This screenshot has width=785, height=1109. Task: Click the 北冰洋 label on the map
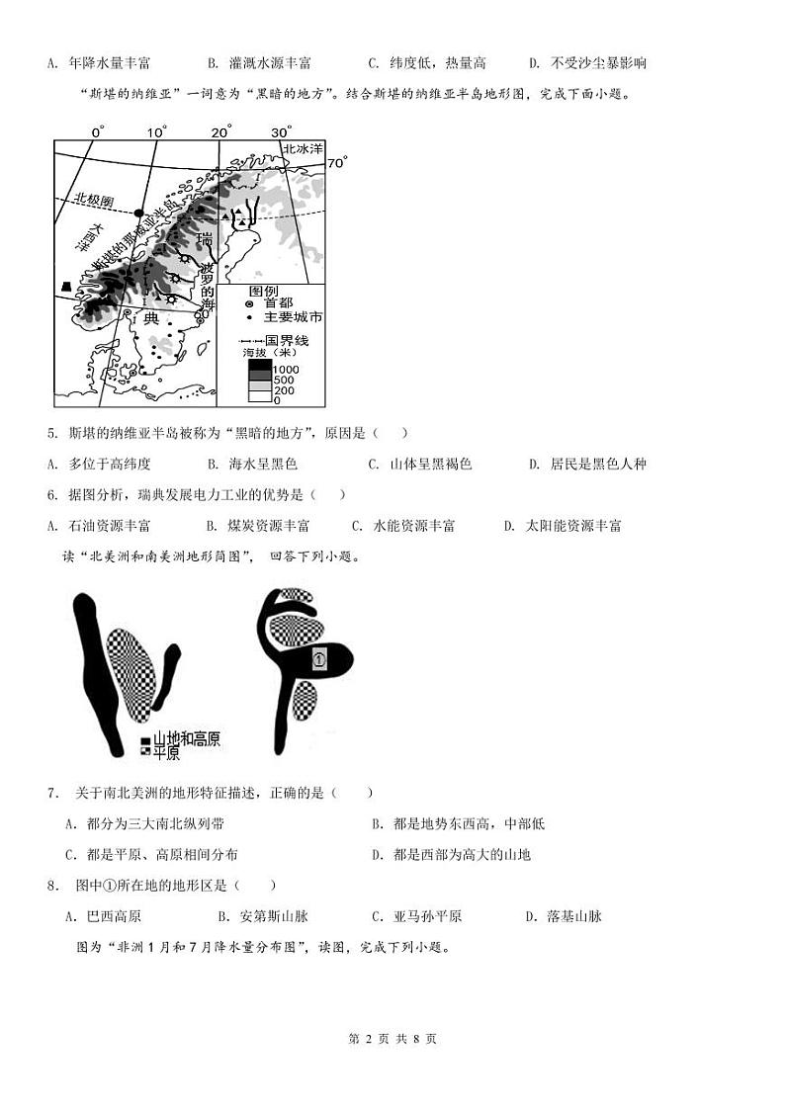coord(303,148)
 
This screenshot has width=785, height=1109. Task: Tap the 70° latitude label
coord(338,162)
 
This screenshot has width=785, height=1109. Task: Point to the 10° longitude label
coord(157,132)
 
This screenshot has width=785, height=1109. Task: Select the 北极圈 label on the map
coord(94,199)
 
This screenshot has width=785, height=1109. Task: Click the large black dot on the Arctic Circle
coord(140,213)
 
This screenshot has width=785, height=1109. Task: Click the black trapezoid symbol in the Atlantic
coord(66,286)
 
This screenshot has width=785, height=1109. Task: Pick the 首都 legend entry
coord(279,303)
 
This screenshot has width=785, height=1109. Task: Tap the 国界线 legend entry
coord(287,340)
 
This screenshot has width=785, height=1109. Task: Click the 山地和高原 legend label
coord(185,738)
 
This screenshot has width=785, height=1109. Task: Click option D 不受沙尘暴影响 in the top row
coord(587,63)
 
